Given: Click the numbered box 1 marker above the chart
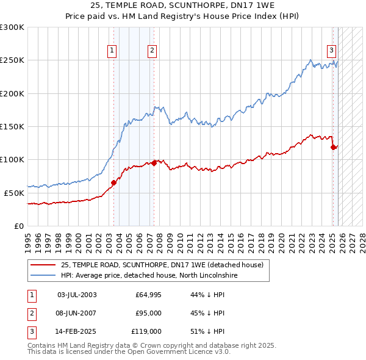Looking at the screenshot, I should coord(113,51).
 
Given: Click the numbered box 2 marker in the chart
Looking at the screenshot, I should coord(152,51).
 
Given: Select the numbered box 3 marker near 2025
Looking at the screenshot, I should coord(331,51).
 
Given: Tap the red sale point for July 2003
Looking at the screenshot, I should coord(113,182).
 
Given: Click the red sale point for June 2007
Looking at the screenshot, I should coord(154,162).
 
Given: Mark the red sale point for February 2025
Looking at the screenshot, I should coord(333,146).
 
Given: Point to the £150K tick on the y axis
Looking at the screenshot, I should coord(12,126).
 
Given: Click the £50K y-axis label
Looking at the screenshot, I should coord(14,193).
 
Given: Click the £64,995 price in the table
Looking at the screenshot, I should coord(148,295).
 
